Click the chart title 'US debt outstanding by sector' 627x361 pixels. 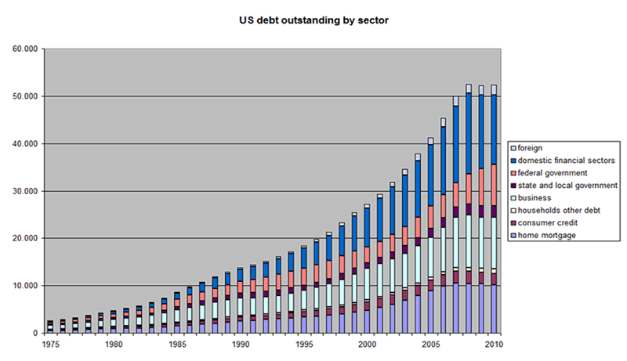[313, 20]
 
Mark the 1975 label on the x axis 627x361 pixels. [51, 343]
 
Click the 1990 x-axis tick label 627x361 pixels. [241, 343]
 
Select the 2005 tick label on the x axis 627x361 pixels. [430, 343]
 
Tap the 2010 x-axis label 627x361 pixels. [494, 343]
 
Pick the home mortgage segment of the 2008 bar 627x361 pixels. [469, 309]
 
